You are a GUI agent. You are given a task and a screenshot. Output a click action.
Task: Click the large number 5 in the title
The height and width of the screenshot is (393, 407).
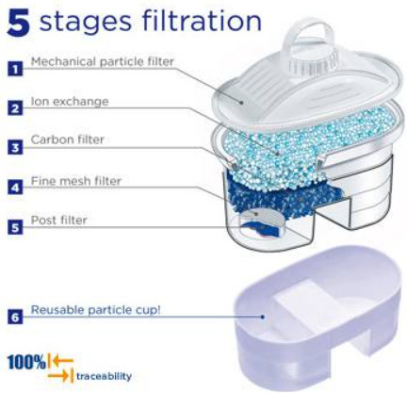[18, 23]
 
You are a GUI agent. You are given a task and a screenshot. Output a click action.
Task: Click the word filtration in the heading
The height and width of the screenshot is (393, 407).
[202, 21]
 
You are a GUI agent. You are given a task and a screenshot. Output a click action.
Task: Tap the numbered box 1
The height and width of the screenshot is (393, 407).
[15, 69]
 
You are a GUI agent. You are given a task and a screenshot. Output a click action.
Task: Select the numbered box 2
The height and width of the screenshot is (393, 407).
[15, 108]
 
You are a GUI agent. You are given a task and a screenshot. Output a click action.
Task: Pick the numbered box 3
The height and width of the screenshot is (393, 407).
[15, 147]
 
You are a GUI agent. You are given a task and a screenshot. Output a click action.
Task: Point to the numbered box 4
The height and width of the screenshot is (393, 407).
[15, 188]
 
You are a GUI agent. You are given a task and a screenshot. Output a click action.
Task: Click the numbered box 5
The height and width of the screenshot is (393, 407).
[15, 227]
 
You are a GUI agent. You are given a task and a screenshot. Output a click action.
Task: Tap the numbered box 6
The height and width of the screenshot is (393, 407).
[15, 317]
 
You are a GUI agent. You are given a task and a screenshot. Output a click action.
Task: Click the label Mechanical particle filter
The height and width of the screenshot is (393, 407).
[103, 61]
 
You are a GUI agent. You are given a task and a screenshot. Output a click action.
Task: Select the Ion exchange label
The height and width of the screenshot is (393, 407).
[70, 101]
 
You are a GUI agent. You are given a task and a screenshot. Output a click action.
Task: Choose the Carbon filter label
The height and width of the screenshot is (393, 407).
[67, 139]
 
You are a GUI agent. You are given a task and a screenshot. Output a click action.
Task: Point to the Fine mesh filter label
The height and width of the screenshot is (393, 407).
[76, 181]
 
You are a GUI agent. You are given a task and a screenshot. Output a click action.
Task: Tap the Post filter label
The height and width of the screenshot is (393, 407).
[58, 220]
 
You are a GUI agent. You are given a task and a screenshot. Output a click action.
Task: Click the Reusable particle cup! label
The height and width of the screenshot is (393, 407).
[96, 310]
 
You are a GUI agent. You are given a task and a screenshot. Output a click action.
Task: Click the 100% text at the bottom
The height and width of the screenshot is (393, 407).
[26, 362]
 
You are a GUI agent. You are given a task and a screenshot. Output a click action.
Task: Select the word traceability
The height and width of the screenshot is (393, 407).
[104, 376]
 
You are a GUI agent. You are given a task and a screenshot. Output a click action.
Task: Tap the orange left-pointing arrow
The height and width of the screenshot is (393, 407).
[62, 360]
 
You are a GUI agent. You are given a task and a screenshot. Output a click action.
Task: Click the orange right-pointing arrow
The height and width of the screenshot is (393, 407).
[58, 376]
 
